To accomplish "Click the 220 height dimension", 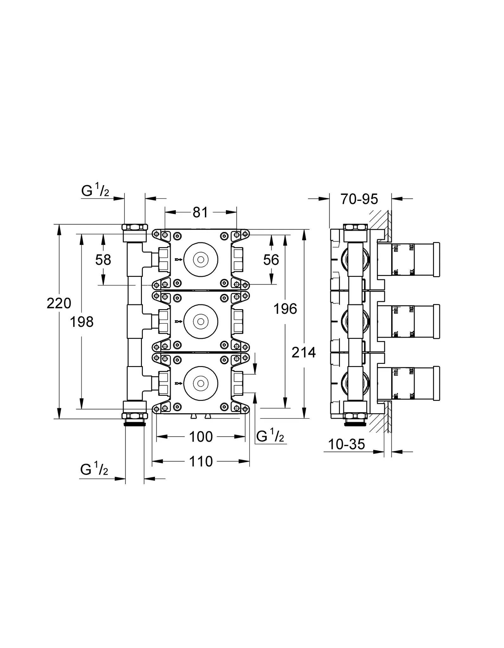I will point(59,303).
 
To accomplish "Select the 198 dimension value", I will point(82,322).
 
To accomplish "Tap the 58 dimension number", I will point(103,260).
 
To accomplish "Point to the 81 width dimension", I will point(201,212).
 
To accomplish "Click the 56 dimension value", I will point(271,260).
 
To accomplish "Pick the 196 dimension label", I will point(285,309).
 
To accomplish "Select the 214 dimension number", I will point(304,352).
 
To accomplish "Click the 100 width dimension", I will point(201,437).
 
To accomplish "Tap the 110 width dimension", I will point(201,462).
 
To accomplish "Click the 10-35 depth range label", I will point(347,444).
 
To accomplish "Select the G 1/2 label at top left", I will point(95,191).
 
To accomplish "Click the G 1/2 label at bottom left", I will point(94,470).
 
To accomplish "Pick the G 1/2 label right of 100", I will point(270,437).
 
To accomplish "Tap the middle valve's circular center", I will point(201,321).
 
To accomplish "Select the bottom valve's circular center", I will point(201,383).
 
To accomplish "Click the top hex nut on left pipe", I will point(135,227).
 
